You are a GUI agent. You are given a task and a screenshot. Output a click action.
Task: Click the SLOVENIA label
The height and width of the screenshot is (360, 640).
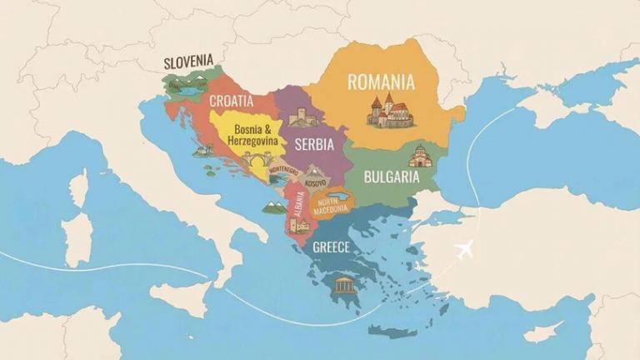tap(188, 62)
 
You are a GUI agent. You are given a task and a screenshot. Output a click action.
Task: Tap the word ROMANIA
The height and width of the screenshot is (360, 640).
tap(381, 82)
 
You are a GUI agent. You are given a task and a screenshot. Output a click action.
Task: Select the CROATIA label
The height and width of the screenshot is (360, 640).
tap(231, 101)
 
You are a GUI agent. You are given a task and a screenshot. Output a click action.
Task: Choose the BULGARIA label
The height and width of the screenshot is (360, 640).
tap(391, 177)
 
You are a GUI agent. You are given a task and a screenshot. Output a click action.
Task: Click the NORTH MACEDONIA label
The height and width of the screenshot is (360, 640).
tap(332, 203)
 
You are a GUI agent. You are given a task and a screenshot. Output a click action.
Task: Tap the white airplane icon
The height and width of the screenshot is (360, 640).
tap(464, 248)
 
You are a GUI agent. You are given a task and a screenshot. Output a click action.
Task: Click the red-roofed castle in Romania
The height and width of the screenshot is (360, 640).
tap(389, 111)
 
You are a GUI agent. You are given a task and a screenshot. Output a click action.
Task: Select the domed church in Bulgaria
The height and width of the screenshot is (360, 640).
tap(419, 155)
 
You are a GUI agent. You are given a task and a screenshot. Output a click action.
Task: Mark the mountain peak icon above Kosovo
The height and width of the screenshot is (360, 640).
tap(314, 172)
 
